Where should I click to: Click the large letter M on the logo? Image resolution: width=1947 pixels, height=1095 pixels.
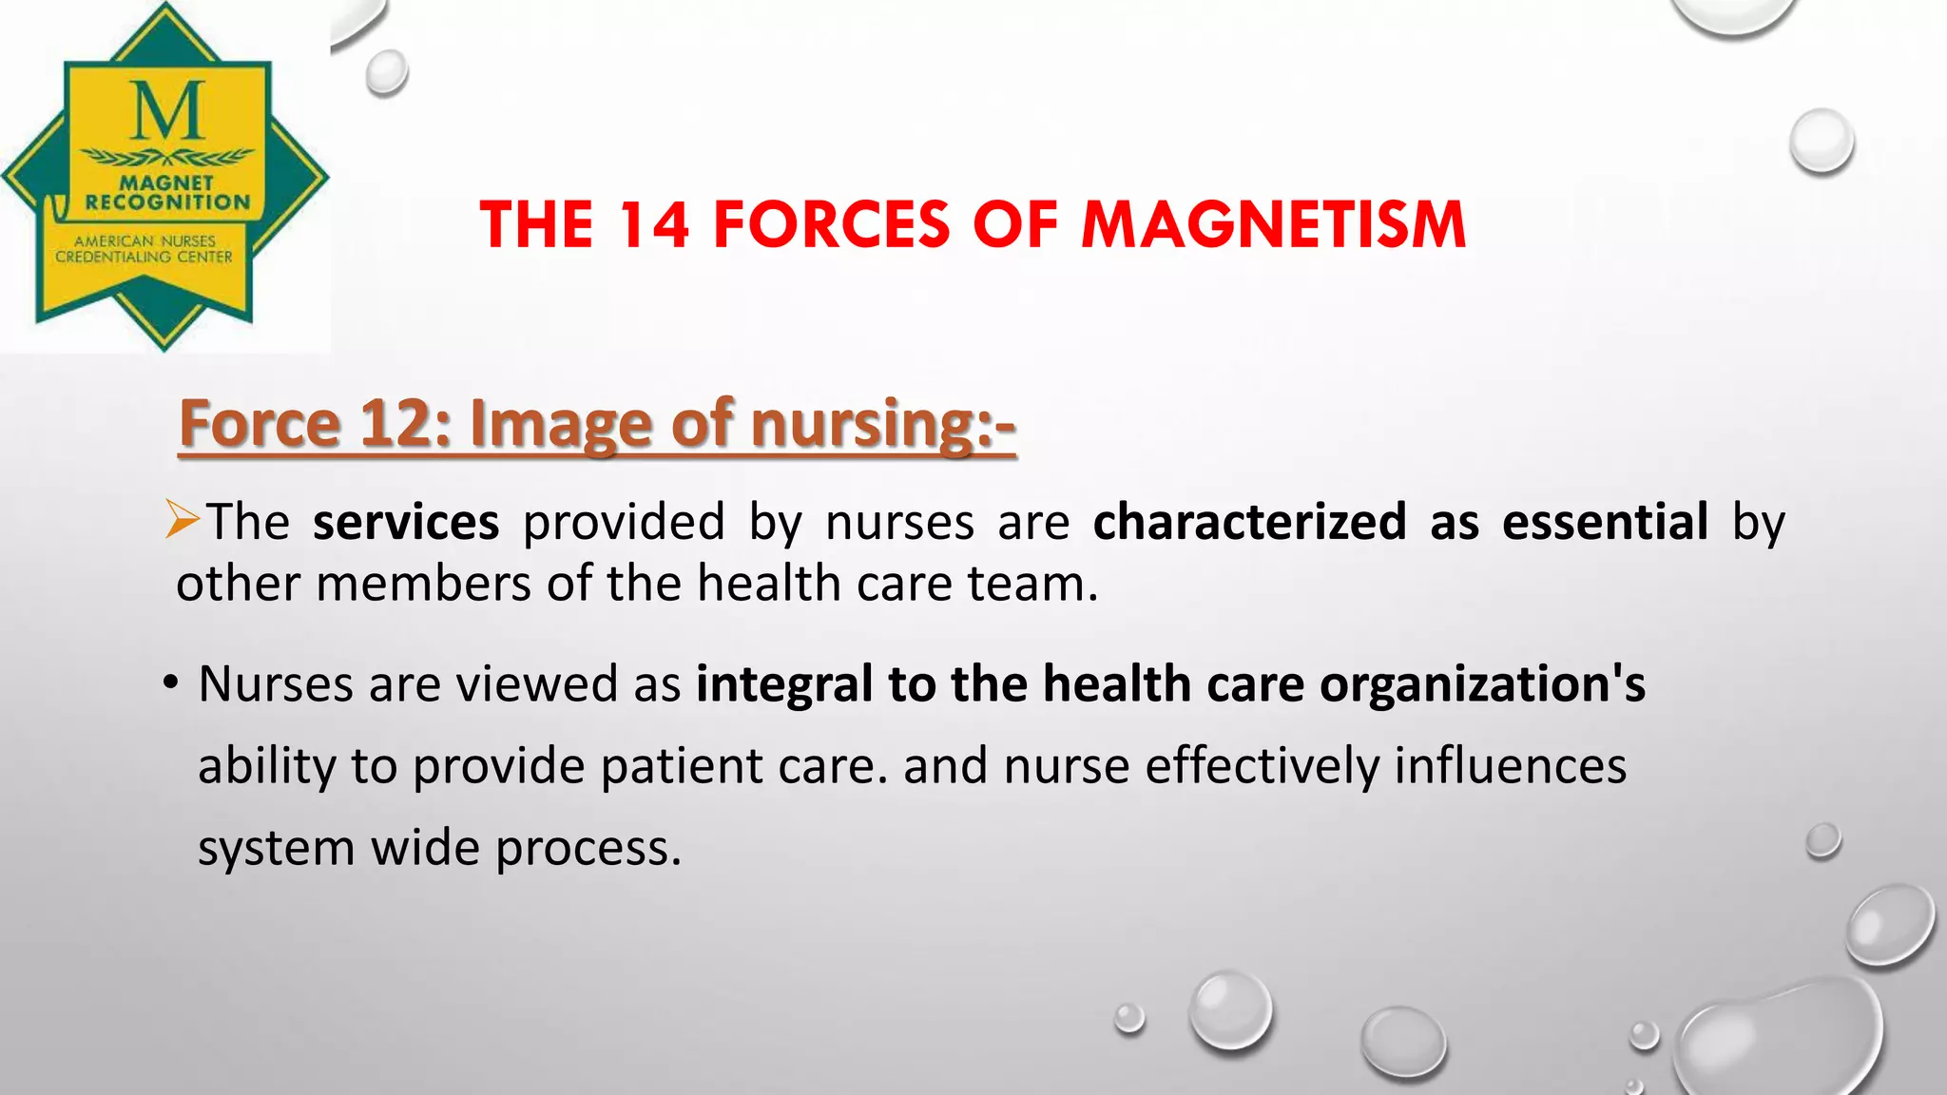click(167, 111)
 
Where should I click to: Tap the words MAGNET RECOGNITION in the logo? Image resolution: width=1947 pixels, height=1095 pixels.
click(167, 192)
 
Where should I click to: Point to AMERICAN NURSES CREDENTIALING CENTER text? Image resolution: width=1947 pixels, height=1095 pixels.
click(145, 249)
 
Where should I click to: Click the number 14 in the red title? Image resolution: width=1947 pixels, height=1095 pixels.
click(653, 225)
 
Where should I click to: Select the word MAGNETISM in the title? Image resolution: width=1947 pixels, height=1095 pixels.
click(1274, 225)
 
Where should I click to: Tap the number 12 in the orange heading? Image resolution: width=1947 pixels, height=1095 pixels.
click(392, 423)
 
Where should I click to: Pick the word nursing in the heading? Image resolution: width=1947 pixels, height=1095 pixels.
click(861, 425)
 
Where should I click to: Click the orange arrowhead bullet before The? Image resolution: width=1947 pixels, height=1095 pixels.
click(182, 519)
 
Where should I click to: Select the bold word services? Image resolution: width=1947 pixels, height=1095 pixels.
click(406, 522)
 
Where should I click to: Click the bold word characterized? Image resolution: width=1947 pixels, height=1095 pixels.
click(1249, 522)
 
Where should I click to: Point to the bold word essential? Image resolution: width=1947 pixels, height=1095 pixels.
click(1605, 522)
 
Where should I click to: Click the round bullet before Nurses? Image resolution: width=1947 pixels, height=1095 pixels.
click(170, 682)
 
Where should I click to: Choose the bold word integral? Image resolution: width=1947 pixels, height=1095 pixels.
click(784, 684)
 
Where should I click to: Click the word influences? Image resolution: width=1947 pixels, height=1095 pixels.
click(1510, 765)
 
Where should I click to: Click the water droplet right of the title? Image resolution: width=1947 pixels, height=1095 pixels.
click(1822, 142)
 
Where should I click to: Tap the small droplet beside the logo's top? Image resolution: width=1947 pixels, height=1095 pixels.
click(386, 72)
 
